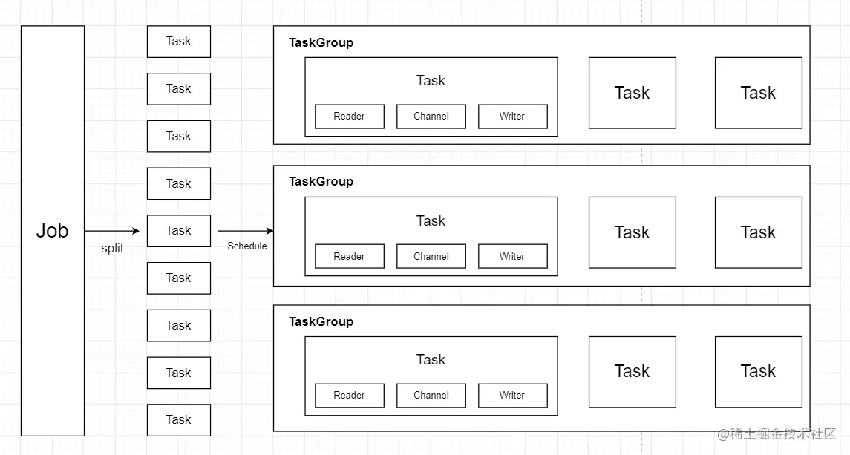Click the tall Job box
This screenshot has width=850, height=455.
(x=53, y=231)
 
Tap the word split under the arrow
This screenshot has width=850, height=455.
(x=112, y=249)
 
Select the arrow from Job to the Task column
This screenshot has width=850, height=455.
(x=111, y=231)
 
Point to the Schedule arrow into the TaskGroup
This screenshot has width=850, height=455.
(x=246, y=231)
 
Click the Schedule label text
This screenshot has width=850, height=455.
(x=247, y=246)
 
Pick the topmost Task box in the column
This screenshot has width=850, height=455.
(x=179, y=42)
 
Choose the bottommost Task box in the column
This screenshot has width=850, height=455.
(x=179, y=420)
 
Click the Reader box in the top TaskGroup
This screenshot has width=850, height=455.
(x=350, y=117)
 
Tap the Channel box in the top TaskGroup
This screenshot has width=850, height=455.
(x=431, y=117)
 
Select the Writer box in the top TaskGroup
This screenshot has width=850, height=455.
(x=513, y=117)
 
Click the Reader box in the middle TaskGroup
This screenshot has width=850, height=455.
(x=350, y=257)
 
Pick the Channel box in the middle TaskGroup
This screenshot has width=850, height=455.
(x=431, y=257)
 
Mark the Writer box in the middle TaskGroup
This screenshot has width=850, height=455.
(x=513, y=257)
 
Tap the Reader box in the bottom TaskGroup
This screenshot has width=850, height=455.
(x=350, y=396)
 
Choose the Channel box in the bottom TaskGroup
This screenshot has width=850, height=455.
(x=431, y=396)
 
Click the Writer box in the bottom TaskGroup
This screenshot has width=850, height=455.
(x=513, y=396)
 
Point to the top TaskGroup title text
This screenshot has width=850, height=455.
(x=321, y=43)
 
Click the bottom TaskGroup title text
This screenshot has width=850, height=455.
(x=321, y=322)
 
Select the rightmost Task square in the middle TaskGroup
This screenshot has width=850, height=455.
(x=759, y=232)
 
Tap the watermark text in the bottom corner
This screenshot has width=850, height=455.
(x=777, y=434)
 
